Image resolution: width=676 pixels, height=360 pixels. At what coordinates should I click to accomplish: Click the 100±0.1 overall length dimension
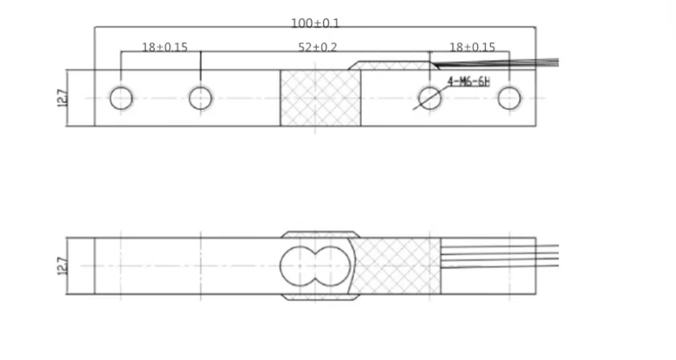tap(314, 23)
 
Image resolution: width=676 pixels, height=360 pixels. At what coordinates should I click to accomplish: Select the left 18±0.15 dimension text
tap(164, 47)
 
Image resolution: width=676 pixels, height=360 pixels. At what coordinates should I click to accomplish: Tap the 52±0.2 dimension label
tap(318, 47)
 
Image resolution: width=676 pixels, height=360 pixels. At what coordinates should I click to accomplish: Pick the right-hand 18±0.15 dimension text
tap(472, 47)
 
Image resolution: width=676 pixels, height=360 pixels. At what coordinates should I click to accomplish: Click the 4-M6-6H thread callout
tap(468, 81)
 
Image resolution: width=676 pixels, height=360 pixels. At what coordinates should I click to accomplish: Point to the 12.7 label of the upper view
tap(63, 98)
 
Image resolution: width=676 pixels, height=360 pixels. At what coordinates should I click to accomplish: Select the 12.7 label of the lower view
tap(63, 265)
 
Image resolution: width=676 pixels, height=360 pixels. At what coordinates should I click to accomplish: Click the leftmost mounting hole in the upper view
tap(121, 98)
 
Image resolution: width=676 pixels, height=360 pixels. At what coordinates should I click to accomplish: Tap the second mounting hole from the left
tap(200, 98)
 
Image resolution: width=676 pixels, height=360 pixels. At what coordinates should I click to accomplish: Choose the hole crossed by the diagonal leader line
tap(431, 98)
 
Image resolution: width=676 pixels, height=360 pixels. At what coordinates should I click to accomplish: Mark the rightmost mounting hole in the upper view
tap(509, 98)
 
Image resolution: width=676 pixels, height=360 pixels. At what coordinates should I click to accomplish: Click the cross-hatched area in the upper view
tap(320, 98)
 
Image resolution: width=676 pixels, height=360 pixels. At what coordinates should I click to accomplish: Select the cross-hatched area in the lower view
tap(397, 265)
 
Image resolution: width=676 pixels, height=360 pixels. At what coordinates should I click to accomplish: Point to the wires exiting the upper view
tap(545, 62)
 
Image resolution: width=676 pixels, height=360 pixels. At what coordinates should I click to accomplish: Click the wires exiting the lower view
tap(545, 255)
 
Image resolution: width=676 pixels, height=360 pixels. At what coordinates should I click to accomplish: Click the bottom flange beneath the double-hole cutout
tap(318, 297)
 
